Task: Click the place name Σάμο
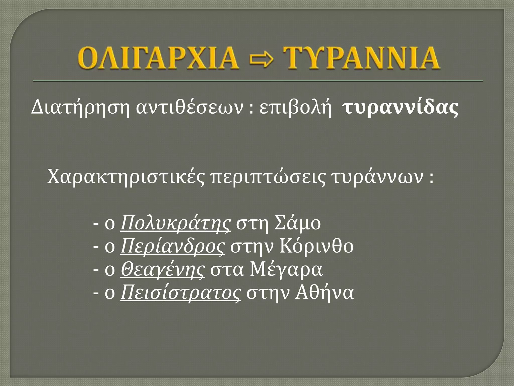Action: click(x=298, y=224)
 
